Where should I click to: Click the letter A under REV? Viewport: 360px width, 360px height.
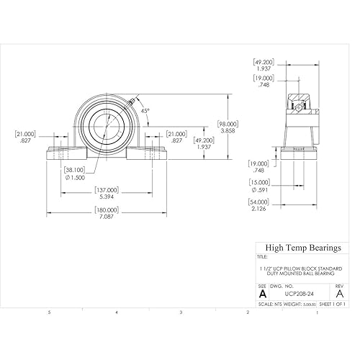tap(339, 294)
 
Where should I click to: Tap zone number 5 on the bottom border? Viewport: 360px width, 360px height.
tap(48, 312)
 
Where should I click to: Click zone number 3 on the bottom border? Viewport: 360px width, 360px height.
tap(181, 312)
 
